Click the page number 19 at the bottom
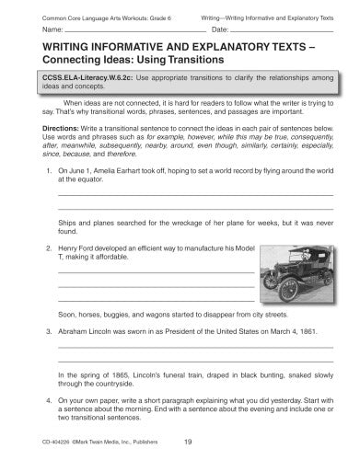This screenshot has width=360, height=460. (187, 441)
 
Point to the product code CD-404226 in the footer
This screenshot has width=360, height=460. (50, 441)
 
